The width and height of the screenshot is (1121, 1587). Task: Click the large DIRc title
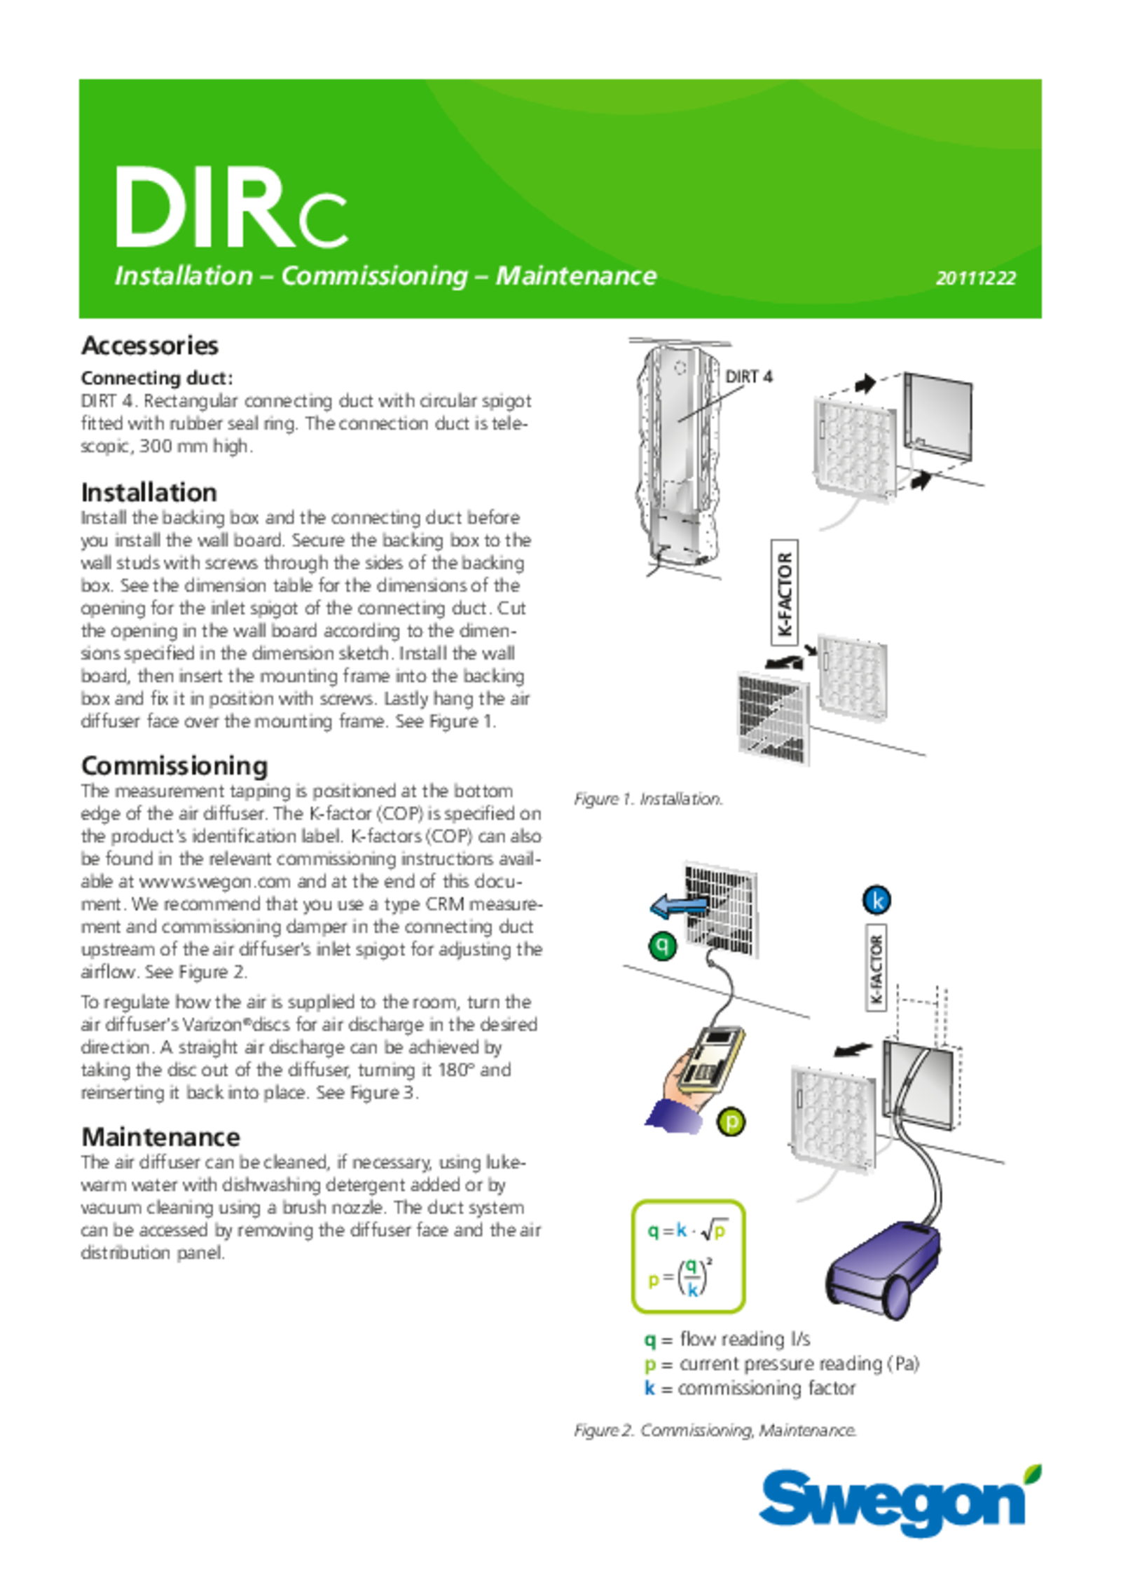[x=231, y=207]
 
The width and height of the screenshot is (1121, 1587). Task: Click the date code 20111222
[x=975, y=278]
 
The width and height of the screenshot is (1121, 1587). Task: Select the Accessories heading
[x=150, y=346]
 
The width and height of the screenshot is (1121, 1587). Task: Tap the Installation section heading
[x=149, y=492]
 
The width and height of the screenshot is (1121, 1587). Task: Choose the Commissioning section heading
[x=174, y=765]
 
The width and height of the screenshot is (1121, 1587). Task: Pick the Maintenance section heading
[x=160, y=1136]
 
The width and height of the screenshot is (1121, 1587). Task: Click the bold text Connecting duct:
[x=157, y=378]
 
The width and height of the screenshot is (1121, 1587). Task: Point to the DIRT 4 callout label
[x=749, y=376]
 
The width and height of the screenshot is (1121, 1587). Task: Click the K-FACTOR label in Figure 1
[x=785, y=592]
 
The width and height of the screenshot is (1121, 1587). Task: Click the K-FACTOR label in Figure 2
[x=876, y=970]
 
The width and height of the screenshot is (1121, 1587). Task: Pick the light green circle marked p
[x=731, y=1122]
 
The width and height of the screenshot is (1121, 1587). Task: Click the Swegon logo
[x=900, y=1503]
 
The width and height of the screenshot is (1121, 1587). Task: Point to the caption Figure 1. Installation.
[x=648, y=799]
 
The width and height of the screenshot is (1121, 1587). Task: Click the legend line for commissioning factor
[x=750, y=1389]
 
